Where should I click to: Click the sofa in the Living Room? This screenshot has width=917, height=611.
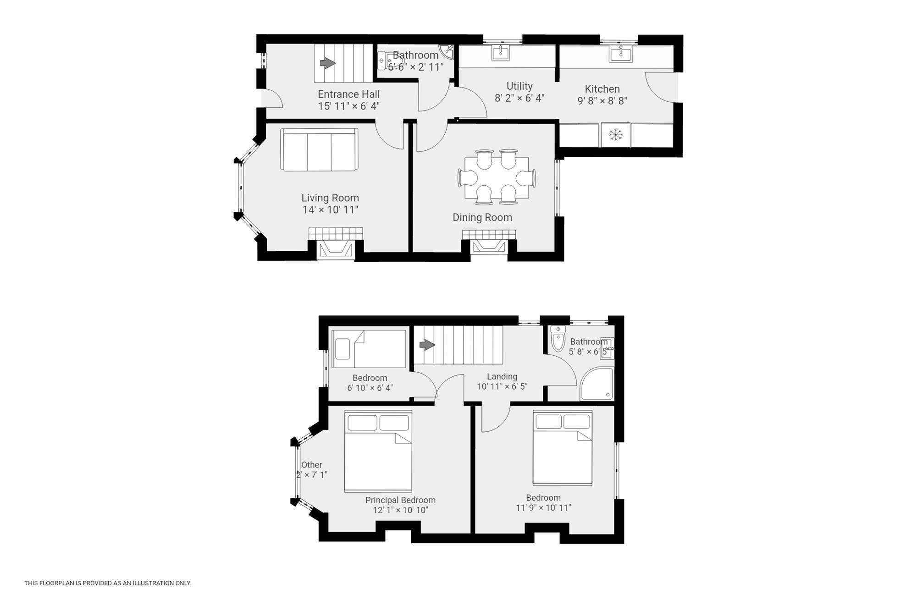(319, 150)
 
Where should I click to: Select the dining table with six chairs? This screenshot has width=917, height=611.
(497, 177)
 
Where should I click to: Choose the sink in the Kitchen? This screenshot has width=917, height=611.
(620, 54)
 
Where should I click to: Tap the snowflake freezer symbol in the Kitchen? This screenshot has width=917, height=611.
(615, 135)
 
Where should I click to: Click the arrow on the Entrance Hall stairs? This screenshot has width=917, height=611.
(327, 63)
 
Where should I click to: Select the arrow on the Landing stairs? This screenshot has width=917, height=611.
(427, 345)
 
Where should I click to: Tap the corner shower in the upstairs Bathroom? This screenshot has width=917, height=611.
(597, 384)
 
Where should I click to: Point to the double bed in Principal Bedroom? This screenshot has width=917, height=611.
(378, 451)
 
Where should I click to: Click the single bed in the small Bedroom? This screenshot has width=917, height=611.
(369, 349)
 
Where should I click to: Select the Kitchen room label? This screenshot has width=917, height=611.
(602, 89)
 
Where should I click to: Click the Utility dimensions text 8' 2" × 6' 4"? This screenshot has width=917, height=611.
(519, 98)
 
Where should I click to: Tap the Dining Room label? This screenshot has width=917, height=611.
(482, 218)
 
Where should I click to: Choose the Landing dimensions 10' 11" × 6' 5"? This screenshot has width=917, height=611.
(502, 386)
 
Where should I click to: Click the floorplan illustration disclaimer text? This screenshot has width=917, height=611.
(108, 583)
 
